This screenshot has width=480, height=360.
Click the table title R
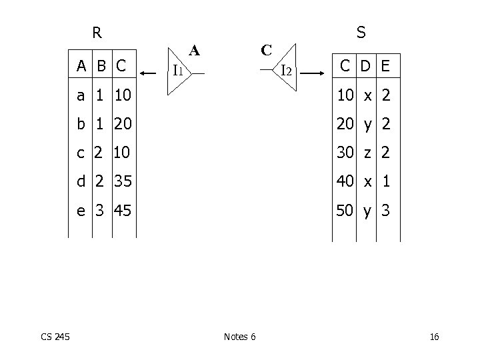pos(97,31)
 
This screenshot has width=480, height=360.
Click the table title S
pos(361,31)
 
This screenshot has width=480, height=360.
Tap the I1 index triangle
pos(179,69)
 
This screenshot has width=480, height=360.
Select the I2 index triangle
pos(285,69)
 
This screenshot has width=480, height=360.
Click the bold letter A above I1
pos(194,49)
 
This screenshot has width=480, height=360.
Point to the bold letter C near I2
pos(266,49)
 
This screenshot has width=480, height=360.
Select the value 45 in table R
pos(121,211)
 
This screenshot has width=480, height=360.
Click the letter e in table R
pos(81,211)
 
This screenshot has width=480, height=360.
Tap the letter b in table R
pos(81,125)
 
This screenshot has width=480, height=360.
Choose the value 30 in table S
pos(345,153)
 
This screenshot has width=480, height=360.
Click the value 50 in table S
pos(345,211)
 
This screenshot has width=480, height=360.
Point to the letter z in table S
pos(366,153)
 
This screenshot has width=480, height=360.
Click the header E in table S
pos(386,65)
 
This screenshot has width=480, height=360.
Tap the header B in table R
pos(101,65)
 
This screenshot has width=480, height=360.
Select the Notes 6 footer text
pos(240,337)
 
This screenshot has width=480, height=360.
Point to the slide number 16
pos(435,337)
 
